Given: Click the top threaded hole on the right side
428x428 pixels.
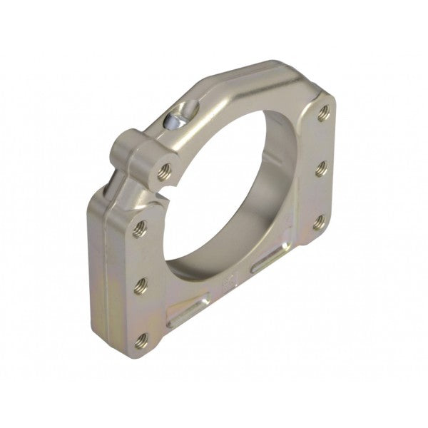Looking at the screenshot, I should [x=323, y=112].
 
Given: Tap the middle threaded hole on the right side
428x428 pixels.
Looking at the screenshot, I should [x=321, y=169].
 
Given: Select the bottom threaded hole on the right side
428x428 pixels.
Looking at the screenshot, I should [x=318, y=223].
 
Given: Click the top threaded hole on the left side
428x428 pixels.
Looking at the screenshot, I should [x=141, y=229].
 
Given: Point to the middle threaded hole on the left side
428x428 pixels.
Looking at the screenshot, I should [x=141, y=286].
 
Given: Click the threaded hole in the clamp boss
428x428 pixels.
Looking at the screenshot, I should [x=165, y=170].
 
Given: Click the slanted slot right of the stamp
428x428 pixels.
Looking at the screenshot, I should [x=270, y=261].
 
